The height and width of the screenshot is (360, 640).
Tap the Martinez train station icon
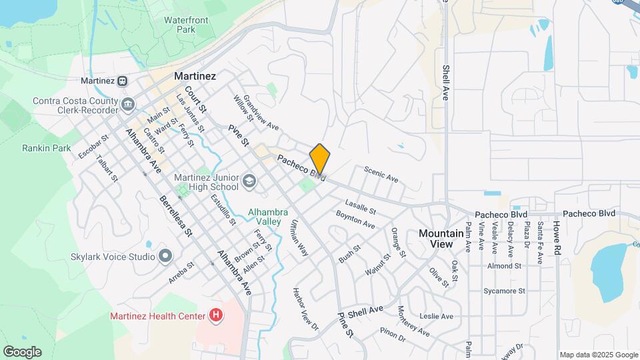122,81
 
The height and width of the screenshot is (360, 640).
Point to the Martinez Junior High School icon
249,181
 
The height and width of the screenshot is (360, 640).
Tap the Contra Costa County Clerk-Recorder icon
128,105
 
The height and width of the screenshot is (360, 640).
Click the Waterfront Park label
186,25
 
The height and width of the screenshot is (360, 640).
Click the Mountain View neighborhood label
441,239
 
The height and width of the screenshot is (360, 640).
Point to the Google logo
22,352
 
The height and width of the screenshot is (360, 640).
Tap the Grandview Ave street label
261,113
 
